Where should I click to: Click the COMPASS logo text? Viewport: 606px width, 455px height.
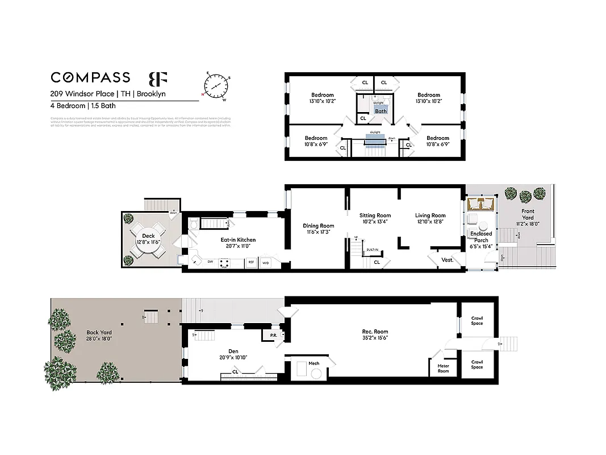tap(90, 77)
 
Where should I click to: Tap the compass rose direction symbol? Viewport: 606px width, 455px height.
tap(215, 86)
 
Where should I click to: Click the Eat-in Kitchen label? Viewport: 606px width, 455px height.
tap(238, 240)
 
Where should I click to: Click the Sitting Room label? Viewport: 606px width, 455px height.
tap(375, 216)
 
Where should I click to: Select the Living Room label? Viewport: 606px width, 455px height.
tap(430, 216)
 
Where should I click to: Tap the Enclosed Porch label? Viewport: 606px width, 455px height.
tap(480, 237)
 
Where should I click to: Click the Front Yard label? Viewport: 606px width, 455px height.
tap(528, 214)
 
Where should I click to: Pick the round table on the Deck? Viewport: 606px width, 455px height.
tap(148, 239)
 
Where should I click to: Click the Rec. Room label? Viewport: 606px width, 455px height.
tap(375, 332)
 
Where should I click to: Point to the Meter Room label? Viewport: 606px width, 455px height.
tap(443, 369)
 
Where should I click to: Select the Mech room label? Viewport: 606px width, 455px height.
tap(314, 363)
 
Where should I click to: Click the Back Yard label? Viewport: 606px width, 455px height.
tap(99, 336)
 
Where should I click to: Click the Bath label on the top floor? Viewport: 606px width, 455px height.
tap(381, 111)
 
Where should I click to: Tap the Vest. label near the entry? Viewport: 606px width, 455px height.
tap(447, 260)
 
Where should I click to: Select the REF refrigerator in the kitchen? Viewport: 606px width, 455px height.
tap(250, 263)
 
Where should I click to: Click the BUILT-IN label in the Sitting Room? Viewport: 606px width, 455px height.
tap(373, 250)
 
